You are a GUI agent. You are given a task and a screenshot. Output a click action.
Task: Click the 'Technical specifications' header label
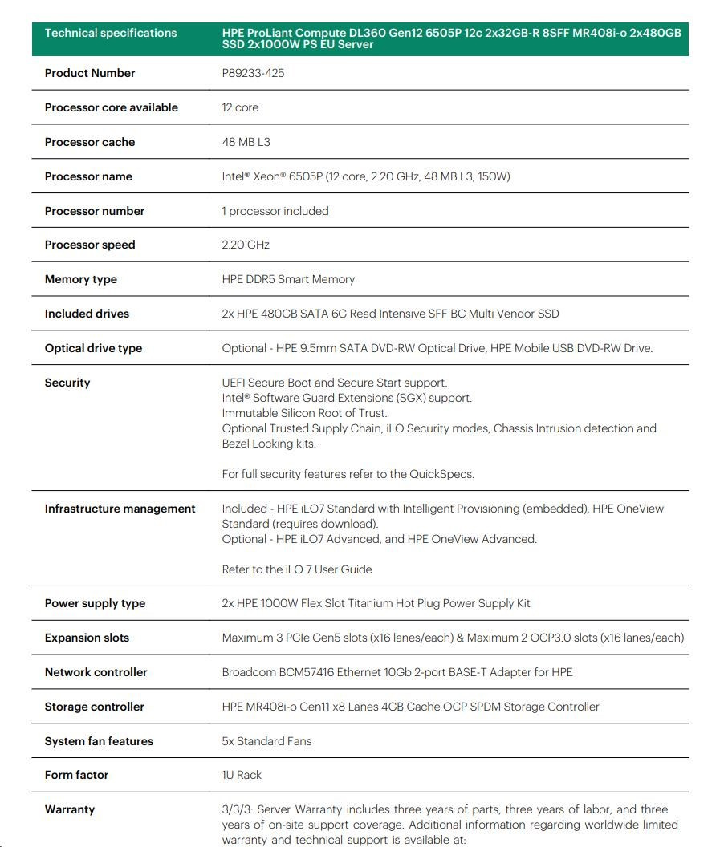[111, 33]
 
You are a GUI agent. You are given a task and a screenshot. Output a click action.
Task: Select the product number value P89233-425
[253, 73]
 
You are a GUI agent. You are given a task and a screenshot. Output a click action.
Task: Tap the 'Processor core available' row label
[112, 107]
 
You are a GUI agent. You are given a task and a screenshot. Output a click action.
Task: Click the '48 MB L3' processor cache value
[246, 142]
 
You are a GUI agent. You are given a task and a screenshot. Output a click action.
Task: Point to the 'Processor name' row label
[88, 176]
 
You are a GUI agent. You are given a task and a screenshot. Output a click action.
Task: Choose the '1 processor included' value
[275, 211]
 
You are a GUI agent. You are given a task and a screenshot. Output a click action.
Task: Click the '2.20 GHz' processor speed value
[246, 245]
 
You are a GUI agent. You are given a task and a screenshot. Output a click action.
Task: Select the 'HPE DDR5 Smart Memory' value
[288, 279]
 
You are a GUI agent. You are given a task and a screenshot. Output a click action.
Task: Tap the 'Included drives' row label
[87, 314]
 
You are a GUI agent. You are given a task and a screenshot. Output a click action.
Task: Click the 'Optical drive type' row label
[93, 348]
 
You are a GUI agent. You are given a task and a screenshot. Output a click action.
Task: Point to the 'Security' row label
[67, 383]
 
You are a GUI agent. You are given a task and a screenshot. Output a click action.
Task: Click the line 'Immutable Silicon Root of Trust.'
[304, 413]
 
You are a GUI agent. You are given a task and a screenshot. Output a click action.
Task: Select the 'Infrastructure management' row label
[120, 509]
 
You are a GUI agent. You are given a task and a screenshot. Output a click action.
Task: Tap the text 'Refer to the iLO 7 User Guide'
[297, 569]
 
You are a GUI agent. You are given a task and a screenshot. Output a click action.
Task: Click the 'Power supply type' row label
[95, 603]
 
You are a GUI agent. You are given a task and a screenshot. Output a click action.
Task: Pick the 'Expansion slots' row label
[87, 638]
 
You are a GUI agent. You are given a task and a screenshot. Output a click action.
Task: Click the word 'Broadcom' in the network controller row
[249, 672]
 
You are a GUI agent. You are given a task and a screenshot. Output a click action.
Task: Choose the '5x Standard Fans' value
[266, 741]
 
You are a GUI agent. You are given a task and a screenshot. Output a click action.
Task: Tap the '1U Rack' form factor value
[242, 775]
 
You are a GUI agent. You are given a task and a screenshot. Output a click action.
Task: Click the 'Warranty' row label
[70, 809]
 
